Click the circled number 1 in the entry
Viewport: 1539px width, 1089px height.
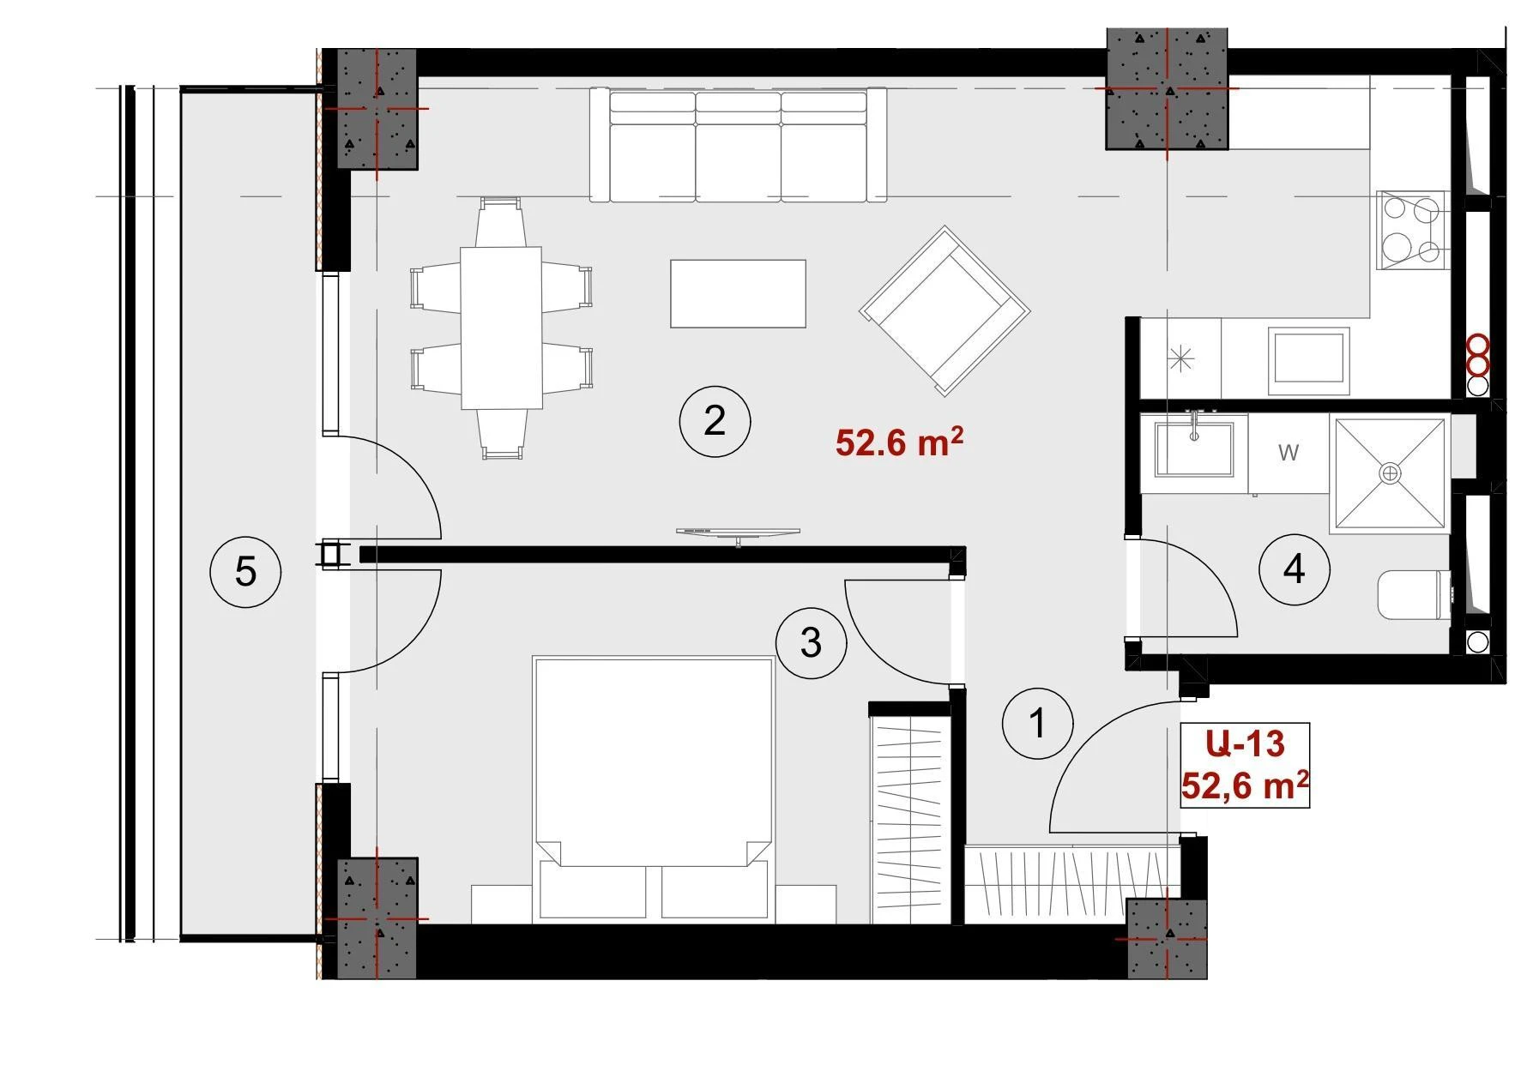pos(1037,723)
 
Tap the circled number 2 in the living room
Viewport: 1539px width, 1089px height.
pos(715,421)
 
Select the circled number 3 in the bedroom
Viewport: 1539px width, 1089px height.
pos(811,642)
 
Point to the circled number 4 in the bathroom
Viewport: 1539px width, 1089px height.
pos(1294,569)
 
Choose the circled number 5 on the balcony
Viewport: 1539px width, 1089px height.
pos(245,571)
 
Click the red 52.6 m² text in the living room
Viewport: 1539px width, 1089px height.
pos(898,442)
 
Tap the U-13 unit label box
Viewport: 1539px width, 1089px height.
pos(1245,765)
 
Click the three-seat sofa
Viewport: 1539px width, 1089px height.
pos(738,144)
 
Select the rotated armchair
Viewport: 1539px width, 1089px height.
pos(945,310)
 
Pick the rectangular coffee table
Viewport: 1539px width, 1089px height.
pos(738,293)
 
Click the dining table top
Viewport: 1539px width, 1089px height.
pos(502,328)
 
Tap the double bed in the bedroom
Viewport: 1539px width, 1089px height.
pos(653,790)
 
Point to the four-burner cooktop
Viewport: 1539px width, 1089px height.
pos(1411,231)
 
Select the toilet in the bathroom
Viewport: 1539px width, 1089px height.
pos(1414,595)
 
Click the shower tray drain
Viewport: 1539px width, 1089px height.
pos(1389,472)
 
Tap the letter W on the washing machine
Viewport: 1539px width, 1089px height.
pos(1288,453)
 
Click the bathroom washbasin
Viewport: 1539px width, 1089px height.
pos(1194,448)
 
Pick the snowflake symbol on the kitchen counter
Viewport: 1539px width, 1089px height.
pos(1180,358)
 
